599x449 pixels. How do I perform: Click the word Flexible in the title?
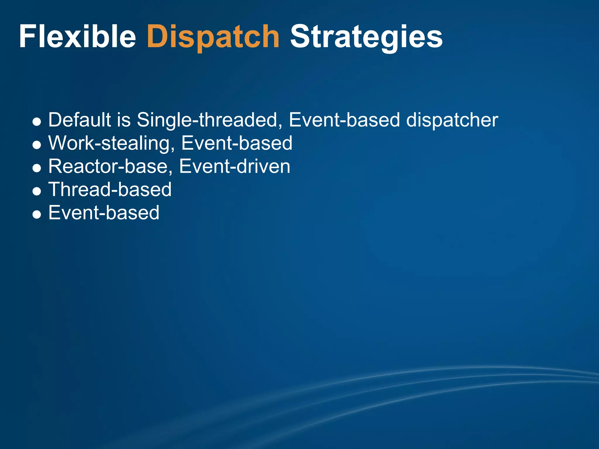[78, 37]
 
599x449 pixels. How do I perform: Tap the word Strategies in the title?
[366, 37]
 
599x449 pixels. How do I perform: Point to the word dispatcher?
[452, 120]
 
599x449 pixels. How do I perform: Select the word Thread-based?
[110, 189]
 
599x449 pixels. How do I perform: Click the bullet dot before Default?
[37, 122]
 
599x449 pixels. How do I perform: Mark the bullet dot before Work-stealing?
[37, 145]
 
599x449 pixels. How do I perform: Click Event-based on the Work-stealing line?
[237, 143]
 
